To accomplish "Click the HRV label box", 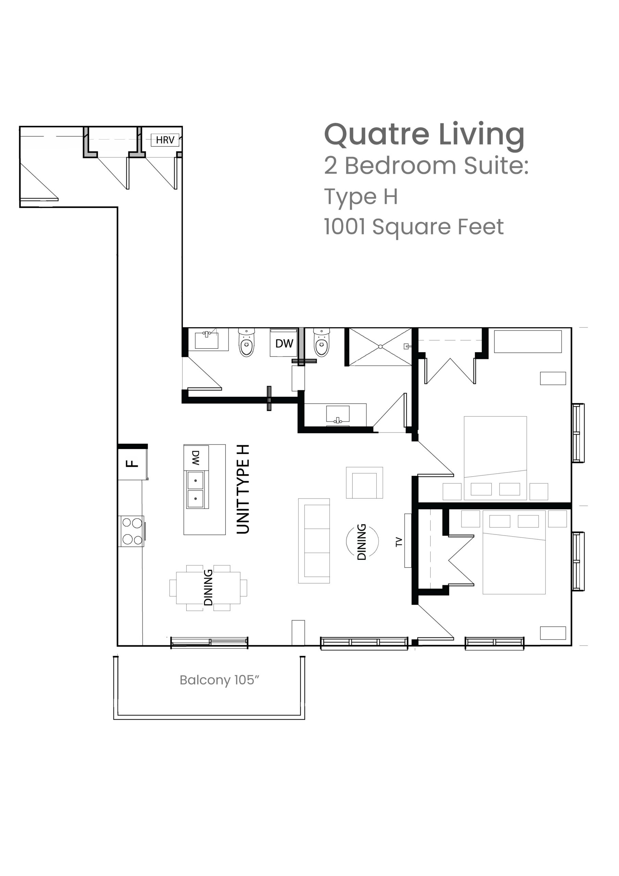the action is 165,140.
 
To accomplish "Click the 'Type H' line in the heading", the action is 361,197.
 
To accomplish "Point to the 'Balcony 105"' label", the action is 219,680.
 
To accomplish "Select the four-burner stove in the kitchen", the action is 132,531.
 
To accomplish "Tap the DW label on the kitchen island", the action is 196,458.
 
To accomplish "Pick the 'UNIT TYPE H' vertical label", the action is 243,489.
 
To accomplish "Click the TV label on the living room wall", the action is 399,542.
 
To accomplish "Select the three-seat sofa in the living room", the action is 314,541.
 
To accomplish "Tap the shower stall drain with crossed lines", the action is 380,347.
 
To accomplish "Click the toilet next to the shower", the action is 322,342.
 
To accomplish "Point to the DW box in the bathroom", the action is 284,343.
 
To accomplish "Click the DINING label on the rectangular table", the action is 208,588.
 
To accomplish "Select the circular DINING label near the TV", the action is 362,542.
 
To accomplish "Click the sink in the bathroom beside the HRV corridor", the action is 207,339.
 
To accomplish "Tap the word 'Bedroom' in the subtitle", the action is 400,166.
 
